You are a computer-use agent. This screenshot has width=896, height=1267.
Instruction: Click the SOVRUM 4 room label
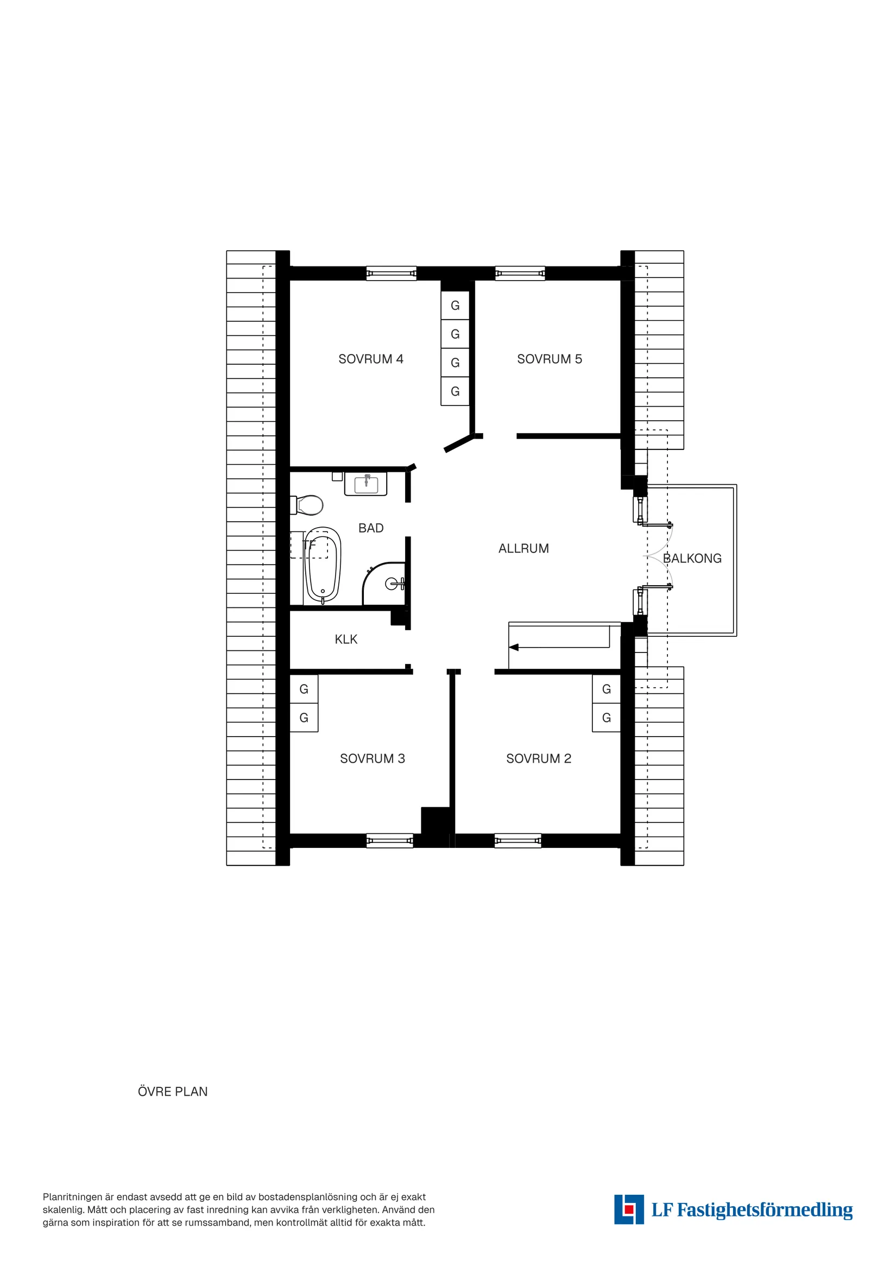pos(370,359)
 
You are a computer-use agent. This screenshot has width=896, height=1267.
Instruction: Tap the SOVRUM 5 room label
pos(550,359)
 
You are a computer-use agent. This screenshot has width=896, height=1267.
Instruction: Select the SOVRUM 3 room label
pos(372,759)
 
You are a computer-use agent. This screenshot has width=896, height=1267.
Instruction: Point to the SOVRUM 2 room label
pos(538,759)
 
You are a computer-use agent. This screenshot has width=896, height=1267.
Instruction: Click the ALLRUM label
pos(523,548)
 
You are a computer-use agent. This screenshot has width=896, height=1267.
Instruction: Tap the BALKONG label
pos(692,559)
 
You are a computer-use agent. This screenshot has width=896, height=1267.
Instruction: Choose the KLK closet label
pos(345,639)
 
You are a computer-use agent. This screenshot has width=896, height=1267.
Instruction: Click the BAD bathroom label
pos(370,528)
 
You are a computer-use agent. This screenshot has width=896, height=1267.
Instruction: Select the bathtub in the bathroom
pos(323,565)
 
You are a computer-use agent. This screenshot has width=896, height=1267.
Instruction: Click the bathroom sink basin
pos(366,485)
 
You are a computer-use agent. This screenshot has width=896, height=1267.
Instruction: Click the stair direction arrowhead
pos(514,647)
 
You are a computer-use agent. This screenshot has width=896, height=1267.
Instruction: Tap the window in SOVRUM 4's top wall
pos(391,273)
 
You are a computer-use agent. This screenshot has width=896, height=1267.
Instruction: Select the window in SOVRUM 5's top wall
pos(520,273)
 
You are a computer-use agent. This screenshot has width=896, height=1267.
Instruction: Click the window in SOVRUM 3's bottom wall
pos(389,840)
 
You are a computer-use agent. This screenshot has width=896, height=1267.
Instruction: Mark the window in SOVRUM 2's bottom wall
pos(518,840)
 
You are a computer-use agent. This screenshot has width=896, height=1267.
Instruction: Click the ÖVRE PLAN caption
pos(173,1092)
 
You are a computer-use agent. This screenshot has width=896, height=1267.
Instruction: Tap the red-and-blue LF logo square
pos(629,1209)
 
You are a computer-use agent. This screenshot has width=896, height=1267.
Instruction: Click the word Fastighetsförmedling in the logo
pos(765,1210)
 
